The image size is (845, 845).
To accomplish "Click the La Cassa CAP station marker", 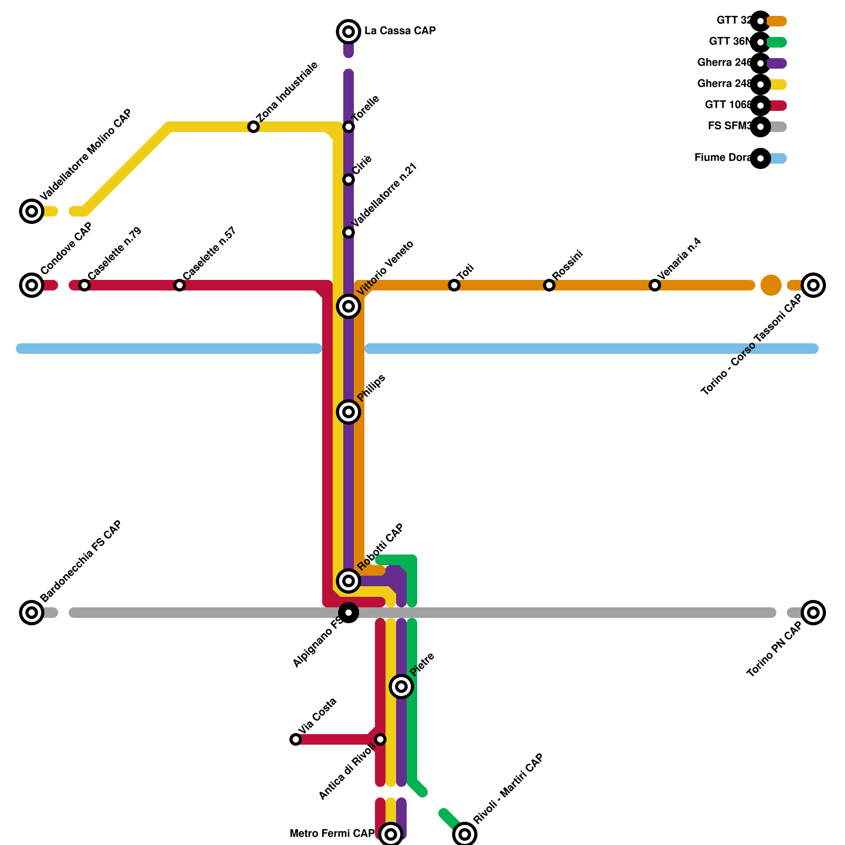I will click(x=349, y=32).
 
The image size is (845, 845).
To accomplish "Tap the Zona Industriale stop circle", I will click(x=253, y=127).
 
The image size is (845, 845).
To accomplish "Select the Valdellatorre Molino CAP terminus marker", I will click(x=32, y=211).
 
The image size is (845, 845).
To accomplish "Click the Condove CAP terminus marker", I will click(x=32, y=285).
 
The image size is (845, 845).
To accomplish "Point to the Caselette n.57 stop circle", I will click(x=180, y=285).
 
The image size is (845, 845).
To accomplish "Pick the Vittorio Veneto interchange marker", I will click(x=349, y=306).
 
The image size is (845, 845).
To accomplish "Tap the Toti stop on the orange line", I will click(x=454, y=285).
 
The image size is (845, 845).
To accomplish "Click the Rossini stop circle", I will click(x=549, y=285).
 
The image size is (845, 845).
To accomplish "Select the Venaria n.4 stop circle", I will click(x=655, y=285).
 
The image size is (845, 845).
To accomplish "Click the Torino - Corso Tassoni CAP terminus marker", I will click(x=813, y=285).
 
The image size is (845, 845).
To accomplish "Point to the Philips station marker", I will click(x=349, y=412).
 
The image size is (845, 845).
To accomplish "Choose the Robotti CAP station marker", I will click(x=349, y=581).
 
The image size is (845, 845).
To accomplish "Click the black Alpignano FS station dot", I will click(x=349, y=613).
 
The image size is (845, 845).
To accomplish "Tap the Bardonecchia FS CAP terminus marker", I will click(x=32, y=613).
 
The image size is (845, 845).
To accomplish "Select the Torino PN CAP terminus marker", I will click(x=813, y=613).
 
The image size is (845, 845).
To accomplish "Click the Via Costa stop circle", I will click(x=296, y=739).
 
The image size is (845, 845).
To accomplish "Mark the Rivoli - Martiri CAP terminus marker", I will click(x=465, y=834).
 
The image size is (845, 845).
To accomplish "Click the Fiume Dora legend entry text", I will click(x=722, y=157).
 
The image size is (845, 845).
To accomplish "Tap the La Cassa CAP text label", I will click(x=400, y=31).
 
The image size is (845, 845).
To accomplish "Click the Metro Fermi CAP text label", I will click(x=332, y=833).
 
